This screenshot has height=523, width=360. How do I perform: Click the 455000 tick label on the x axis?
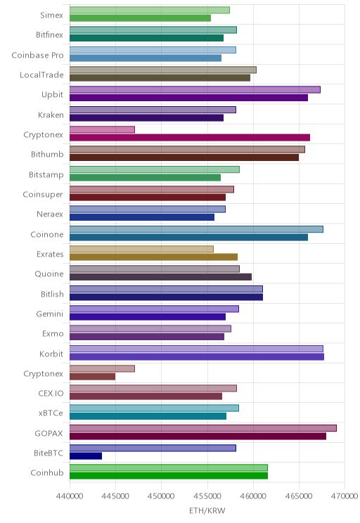tap(207, 496)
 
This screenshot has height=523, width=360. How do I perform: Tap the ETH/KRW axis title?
tap(207, 510)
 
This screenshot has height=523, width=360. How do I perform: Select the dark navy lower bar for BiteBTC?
tap(86, 456)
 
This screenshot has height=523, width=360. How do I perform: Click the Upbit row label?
tap(52, 95)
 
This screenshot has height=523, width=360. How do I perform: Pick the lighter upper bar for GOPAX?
tap(203, 428)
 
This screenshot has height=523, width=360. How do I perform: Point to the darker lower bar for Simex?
tap(140, 18)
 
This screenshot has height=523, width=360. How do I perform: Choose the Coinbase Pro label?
tap(37, 55)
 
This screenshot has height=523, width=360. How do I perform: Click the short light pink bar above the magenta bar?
tap(102, 129)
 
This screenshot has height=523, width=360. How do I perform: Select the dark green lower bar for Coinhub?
tap(169, 476)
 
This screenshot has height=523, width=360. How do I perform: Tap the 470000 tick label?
tap(345, 496)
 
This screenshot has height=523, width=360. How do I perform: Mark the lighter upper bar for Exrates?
tap(141, 249)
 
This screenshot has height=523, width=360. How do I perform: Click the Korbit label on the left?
tap(51, 354)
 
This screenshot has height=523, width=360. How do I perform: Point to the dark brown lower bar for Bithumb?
tap(184, 157)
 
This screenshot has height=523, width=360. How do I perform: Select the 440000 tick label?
tap(70, 496)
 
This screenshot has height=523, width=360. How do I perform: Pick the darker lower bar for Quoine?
tap(160, 277)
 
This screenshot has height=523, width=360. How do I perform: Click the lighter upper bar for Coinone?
tap(196, 229)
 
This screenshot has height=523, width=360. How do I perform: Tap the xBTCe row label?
tap(51, 413)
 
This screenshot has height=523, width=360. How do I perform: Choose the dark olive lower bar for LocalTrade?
tap(160, 78)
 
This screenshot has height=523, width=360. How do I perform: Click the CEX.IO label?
tap(51, 393)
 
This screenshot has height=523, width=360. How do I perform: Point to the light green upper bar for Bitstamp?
tap(155, 169)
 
